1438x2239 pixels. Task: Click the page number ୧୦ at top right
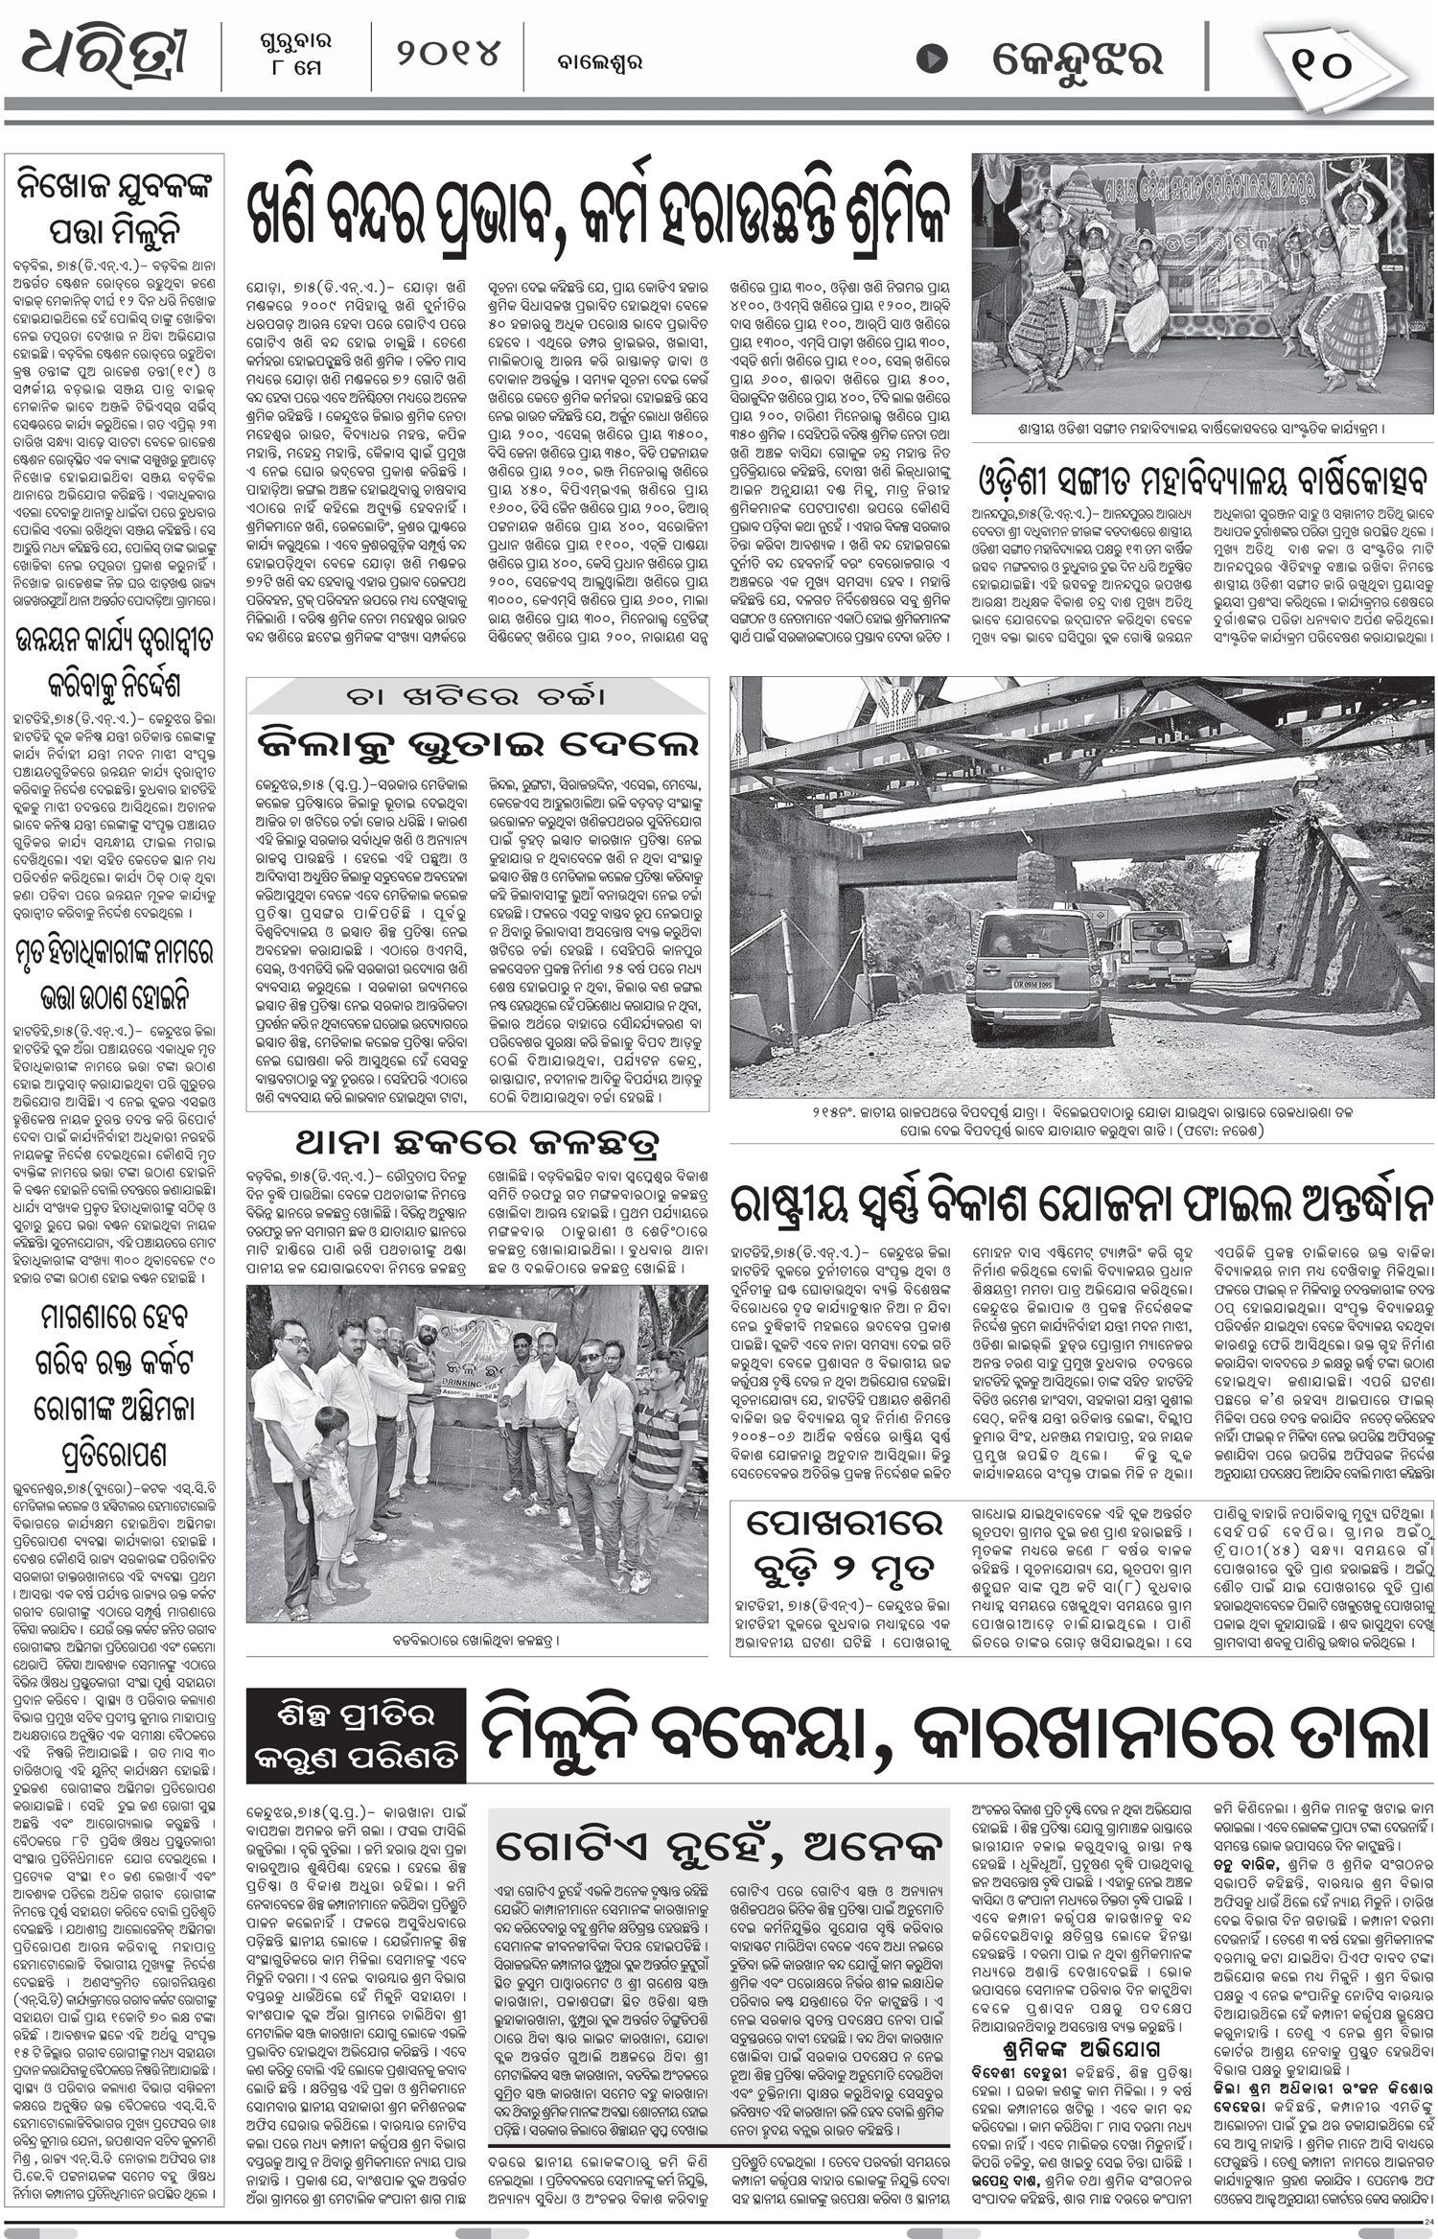(1320, 63)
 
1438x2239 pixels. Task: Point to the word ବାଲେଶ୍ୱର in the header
(600, 63)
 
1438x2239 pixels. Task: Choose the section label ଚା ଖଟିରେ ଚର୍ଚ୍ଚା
(477, 697)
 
